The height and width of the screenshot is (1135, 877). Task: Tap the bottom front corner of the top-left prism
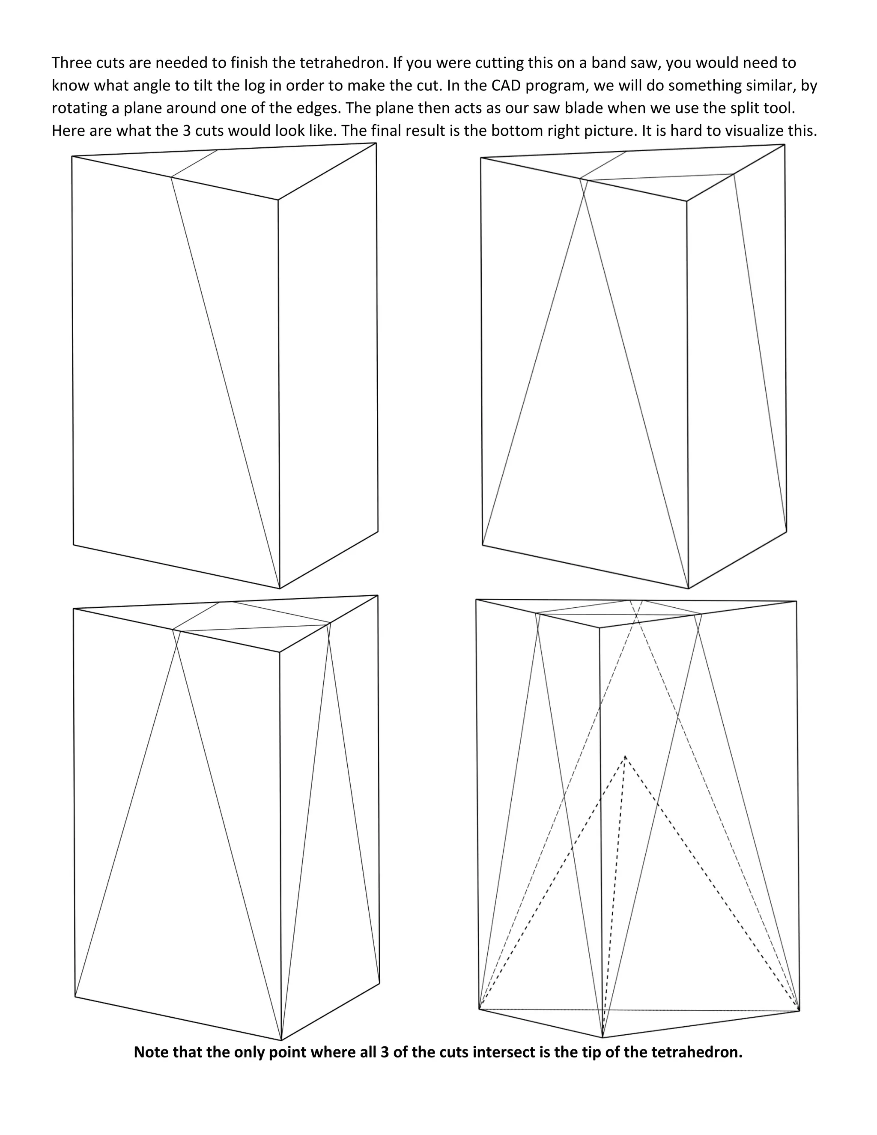[x=280, y=588]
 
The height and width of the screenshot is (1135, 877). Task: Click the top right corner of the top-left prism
[x=376, y=143]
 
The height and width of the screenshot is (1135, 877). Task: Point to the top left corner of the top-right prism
[x=481, y=158]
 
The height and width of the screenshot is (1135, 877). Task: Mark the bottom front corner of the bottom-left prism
[x=281, y=1040]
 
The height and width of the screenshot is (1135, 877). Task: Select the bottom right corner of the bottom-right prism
[x=799, y=1011]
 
